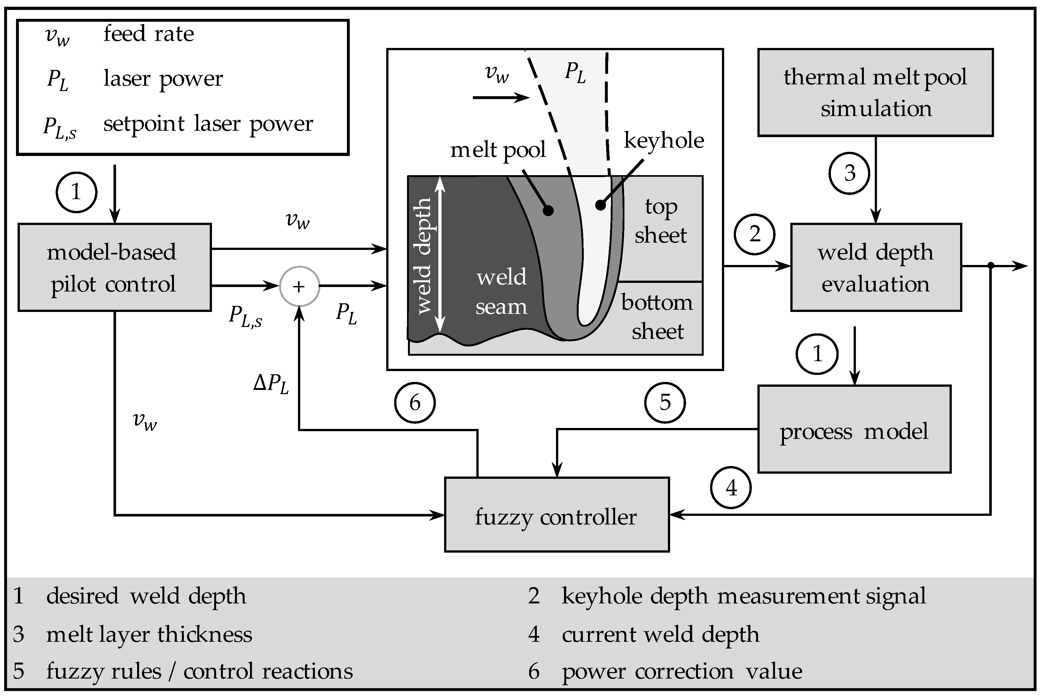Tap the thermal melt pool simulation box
point(875,92)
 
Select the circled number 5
point(665,402)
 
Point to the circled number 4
point(730,488)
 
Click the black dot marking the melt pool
point(548,210)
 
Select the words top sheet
point(661,221)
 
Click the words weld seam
point(501,292)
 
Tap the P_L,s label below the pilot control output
point(245,316)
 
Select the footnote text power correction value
point(682,671)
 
